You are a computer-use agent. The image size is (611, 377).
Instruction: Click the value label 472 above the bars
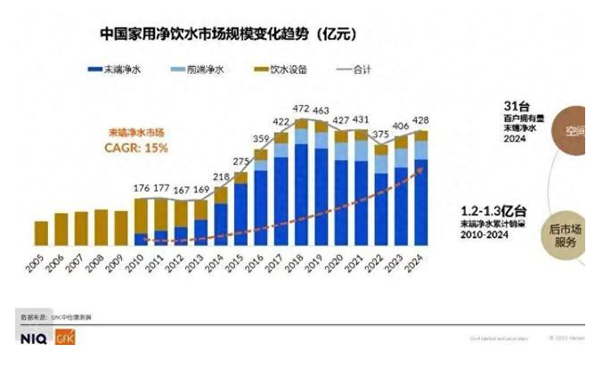[302, 110]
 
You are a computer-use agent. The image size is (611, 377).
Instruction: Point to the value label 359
[261, 139]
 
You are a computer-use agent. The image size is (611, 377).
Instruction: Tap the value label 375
[381, 135]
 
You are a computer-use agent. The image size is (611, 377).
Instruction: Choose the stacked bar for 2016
[260, 197]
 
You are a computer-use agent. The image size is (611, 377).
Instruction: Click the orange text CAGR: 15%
[136, 148]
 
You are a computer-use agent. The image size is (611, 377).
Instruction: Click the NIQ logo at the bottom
[34, 339]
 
